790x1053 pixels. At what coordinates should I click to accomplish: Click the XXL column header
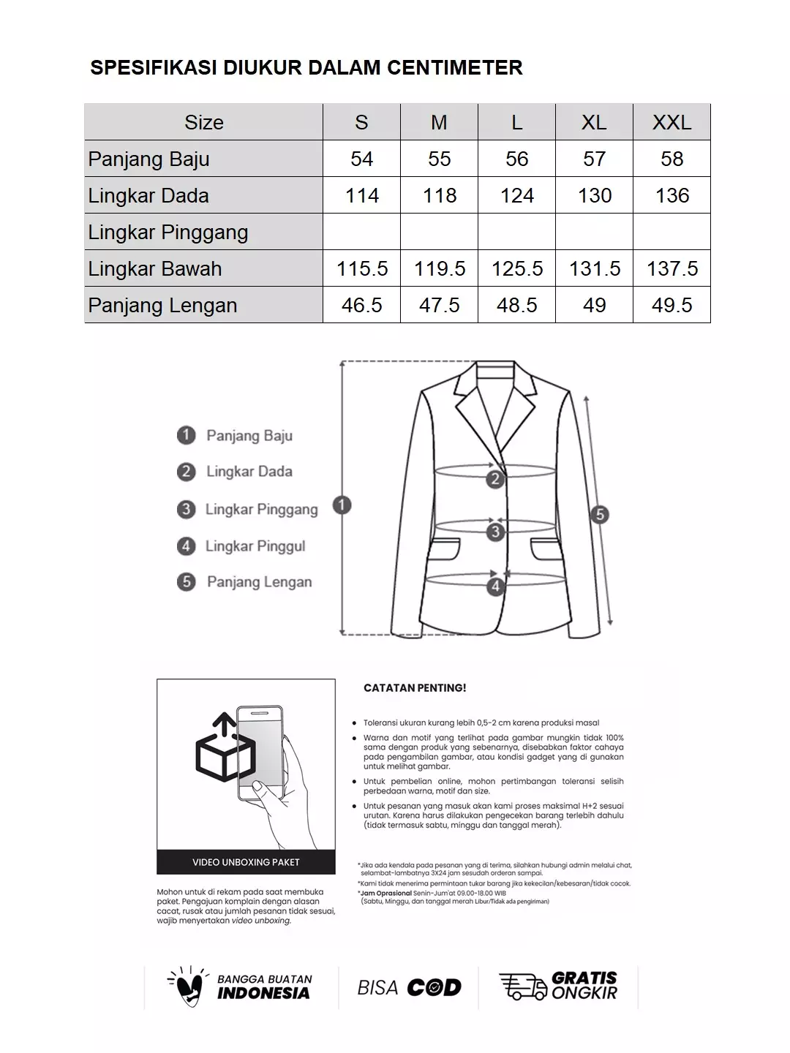pos(671,122)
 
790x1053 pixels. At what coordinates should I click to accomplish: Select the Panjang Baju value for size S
pos(361,159)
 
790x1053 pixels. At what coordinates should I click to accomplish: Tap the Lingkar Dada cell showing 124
pos(516,195)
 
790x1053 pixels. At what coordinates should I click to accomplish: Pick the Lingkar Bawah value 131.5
pos(594,268)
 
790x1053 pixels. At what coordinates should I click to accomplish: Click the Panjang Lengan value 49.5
pos(671,305)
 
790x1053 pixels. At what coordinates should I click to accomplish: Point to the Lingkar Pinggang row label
pos(168,232)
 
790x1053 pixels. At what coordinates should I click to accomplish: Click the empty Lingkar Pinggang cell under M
pos(439,232)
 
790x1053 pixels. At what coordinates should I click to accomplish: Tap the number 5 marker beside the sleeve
pos(600,514)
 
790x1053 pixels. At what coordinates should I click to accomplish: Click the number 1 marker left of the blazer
pos(342,505)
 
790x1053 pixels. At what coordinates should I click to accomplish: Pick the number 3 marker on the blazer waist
pos(495,532)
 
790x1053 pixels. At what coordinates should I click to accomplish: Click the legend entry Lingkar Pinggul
pos(255,546)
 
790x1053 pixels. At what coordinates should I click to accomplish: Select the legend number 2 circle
pos(186,472)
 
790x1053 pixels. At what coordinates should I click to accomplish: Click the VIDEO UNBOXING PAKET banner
pos(246,862)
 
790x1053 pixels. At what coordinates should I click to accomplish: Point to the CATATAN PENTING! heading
pos(415,688)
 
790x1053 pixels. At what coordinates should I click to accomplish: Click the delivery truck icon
pos(522,986)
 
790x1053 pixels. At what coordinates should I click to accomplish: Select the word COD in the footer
pos(434,988)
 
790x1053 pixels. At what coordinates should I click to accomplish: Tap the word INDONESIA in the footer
pos(263,993)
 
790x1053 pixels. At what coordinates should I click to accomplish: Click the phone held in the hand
pos(260,753)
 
